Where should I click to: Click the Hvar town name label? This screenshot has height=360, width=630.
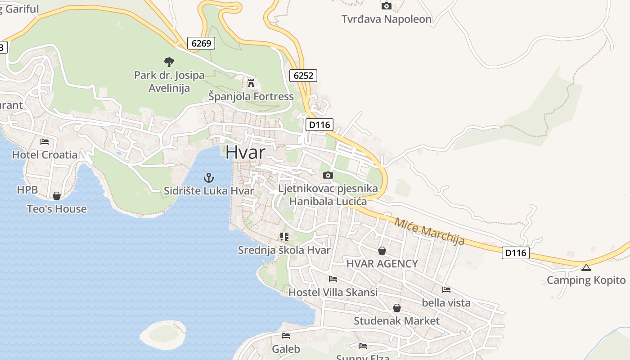[x=245, y=152]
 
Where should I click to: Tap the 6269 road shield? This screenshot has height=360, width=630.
[x=201, y=43]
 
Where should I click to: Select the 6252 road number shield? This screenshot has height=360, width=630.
[x=303, y=75]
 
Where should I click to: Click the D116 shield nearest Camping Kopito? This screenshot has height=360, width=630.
[x=515, y=252]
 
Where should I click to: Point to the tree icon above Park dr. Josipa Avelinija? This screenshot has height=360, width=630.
[x=169, y=62]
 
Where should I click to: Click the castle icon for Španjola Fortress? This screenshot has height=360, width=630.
[x=251, y=83]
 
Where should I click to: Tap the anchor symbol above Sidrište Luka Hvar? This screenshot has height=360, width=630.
[x=208, y=177]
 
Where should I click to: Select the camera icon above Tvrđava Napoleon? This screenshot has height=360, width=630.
[x=386, y=6]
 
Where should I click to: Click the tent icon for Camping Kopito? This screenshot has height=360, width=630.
[x=586, y=267]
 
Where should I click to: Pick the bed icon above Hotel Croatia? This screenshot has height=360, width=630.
[x=45, y=141]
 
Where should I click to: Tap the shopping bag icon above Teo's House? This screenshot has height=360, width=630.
[x=57, y=196]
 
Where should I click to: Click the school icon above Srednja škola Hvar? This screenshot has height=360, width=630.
[x=284, y=236]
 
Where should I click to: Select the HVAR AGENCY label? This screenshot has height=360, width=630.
[x=382, y=263]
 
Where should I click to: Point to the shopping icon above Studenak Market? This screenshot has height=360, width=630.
[x=396, y=308]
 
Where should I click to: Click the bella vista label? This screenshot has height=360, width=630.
[x=446, y=303]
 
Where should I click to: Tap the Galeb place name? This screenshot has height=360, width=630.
[x=286, y=349]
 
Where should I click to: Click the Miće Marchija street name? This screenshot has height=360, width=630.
[x=429, y=231]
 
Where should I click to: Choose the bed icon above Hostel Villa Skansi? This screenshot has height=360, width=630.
[x=333, y=279]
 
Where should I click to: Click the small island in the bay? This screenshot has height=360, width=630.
[x=163, y=334]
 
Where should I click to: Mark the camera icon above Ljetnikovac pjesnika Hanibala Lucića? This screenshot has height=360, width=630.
[x=328, y=175]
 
